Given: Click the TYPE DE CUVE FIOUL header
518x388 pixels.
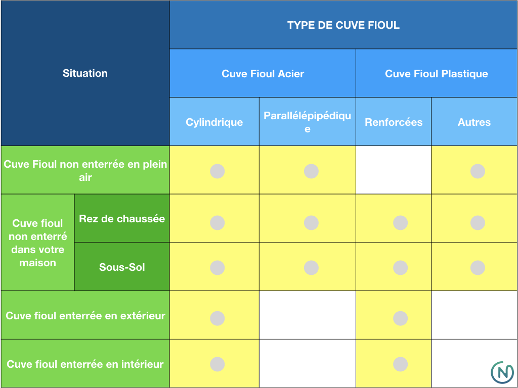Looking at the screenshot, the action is [x=343, y=25].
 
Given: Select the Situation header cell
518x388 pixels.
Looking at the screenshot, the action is [x=85, y=73].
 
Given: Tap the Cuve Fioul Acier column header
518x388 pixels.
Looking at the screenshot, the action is [x=263, y=73].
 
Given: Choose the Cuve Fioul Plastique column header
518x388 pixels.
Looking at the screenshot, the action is [x=437, y=73].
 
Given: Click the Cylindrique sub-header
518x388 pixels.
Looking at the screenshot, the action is [x=214, y=122].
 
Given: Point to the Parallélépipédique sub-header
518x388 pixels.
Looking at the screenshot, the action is [x=307, y=122].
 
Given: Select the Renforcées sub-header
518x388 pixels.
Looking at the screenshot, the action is [x=394, y=122].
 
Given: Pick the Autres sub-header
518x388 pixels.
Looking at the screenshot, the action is [x=474, y=122].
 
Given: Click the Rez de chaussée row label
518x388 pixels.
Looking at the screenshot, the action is [x=122, y=218].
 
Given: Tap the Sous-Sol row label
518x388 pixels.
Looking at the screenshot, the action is [x=122, y=267].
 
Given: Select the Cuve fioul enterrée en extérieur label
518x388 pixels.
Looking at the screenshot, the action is [x=85, y=315].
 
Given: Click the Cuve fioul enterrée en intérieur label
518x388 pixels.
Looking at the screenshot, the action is [x=85, y=364].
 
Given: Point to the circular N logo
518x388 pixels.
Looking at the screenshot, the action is [x=502, y=372].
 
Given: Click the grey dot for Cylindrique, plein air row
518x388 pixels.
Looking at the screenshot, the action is [x=218, y=171].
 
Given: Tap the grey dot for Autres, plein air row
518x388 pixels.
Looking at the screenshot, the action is [x=478, y=171].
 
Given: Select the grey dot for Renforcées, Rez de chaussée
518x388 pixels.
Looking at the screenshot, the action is [x=401, y=223].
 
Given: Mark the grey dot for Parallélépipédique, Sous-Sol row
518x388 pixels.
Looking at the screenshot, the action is [x=311, y=268].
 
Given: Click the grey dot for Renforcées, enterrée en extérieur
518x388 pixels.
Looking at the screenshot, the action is [x=401, y=318].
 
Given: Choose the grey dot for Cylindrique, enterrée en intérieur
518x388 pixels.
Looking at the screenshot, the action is [x=218, y=364].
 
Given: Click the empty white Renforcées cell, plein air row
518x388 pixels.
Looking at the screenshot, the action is [x=394, y=170].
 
